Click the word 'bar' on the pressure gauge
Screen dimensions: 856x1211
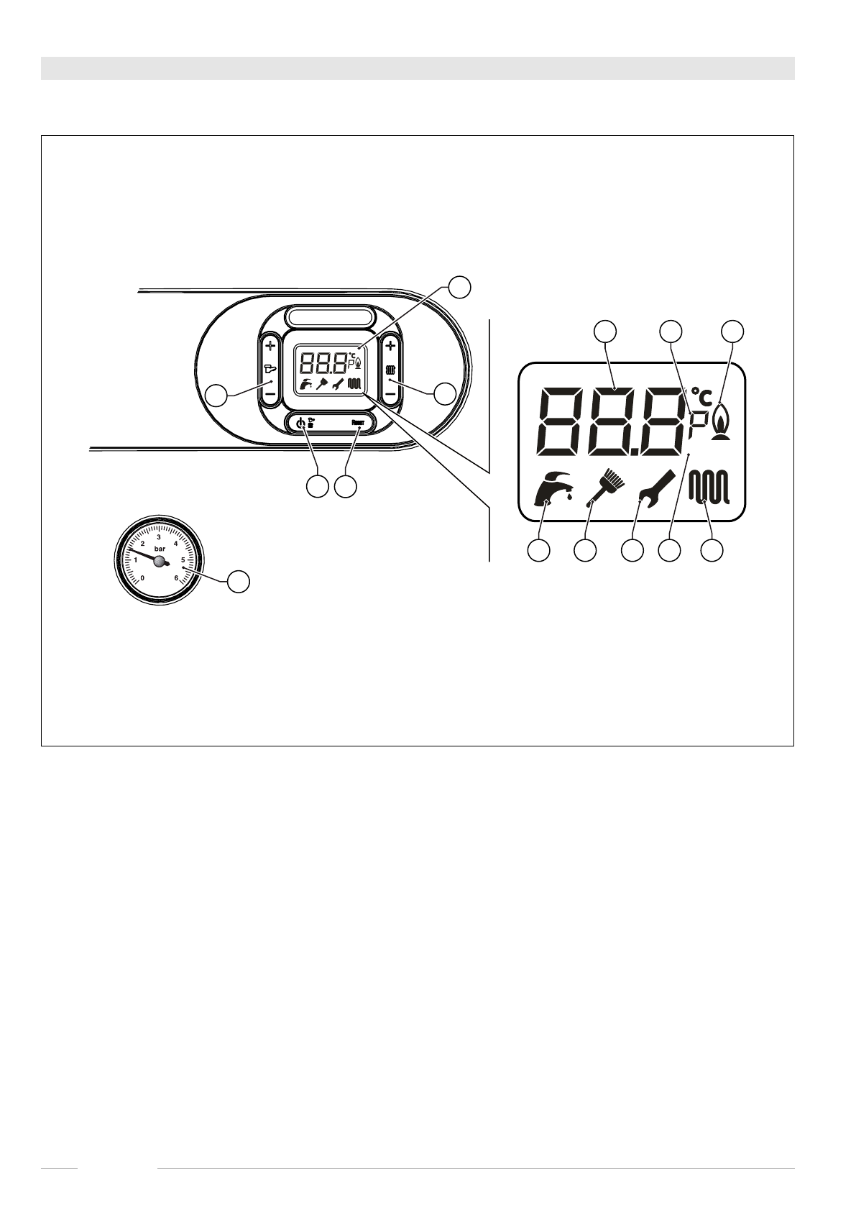tap(160, 548)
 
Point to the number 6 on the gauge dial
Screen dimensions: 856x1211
tap(177, 577)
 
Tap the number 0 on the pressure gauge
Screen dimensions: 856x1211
tap(143, 577)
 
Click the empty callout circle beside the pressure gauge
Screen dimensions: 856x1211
tap(239, 581)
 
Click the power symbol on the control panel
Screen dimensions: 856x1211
tap(300, 424)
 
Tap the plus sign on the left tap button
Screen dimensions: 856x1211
tap(270, 346)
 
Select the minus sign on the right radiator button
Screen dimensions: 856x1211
tap(390, 394)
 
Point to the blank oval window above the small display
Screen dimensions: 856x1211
tap(331, 317)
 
